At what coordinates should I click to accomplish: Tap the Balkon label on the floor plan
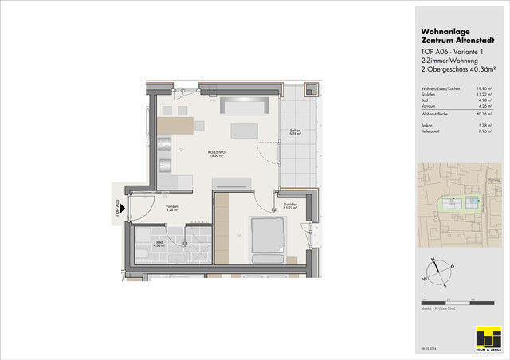[295, 132]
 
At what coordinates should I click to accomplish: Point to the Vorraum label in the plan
[172, 208]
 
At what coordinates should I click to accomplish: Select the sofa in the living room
[246, 105]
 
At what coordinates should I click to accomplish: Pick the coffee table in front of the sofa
[245, 131]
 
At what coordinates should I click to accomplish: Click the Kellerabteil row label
[432, 132]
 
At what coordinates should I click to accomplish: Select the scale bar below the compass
[451, 303]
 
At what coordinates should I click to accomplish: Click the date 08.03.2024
[427, 349]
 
